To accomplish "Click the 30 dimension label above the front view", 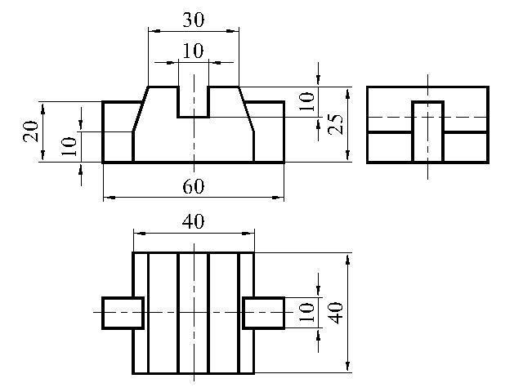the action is [x=194, y=20].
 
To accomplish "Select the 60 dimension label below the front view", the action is [x=194, y=186].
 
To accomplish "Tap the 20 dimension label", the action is [x=31, y=131].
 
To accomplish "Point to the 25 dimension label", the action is [x=336, y=124].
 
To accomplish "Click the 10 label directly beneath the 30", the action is [x=194, y=51].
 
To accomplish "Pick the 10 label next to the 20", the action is [x=69, y=146].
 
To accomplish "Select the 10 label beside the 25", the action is [x=306, y=101].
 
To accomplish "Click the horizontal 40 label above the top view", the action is [x=194, y=221].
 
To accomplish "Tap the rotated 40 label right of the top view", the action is [x=336, y=313].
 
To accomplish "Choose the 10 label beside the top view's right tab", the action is [x=306, y=312].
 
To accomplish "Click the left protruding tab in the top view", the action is [x=123, y=313].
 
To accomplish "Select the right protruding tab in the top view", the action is [x=263, y=313].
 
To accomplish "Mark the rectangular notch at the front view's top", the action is [x=194, y=102].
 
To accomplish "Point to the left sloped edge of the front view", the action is [x=141, y=109].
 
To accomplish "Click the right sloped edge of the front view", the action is [x=246, y=109].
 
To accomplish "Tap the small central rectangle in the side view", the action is [x=428, y=131].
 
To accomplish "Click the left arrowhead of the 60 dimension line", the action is [x=110, y=198].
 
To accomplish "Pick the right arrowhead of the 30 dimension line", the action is [x=233, y=31].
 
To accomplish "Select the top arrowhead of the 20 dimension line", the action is [x=43, y=109].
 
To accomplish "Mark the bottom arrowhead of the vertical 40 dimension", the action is [x=348, y=366].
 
